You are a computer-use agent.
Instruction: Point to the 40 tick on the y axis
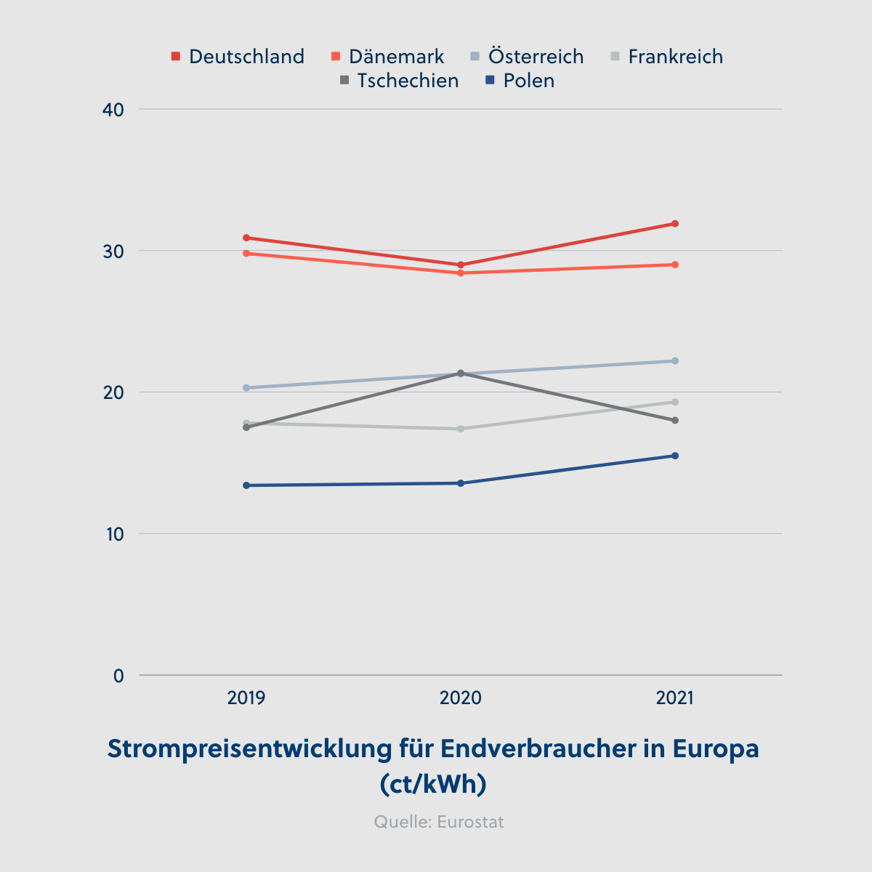click(x=114, y=110)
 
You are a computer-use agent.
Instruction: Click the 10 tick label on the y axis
click(x=114, y=534)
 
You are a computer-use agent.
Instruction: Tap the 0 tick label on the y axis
click(x=118, y=676)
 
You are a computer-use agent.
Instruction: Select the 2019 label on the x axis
click(x=246, y=698)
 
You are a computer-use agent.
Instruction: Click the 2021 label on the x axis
click(x=674, y=698)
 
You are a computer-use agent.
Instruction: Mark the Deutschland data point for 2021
click(x=675, y=224)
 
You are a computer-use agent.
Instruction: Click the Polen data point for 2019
click(x=246, y=485)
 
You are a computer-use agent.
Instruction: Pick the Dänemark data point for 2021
click(x=675, y=265)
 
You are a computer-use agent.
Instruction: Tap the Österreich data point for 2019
click(x=246, y=388)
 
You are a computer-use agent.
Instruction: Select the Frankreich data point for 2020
click(x=461, y=429)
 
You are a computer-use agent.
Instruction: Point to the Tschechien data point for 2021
click(x=675, y=421)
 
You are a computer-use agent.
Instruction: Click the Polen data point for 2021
click(x=675, y=456)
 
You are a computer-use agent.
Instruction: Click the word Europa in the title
click(x=716, y=748)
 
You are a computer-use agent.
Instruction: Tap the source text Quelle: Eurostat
click(x=439, y=822)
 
